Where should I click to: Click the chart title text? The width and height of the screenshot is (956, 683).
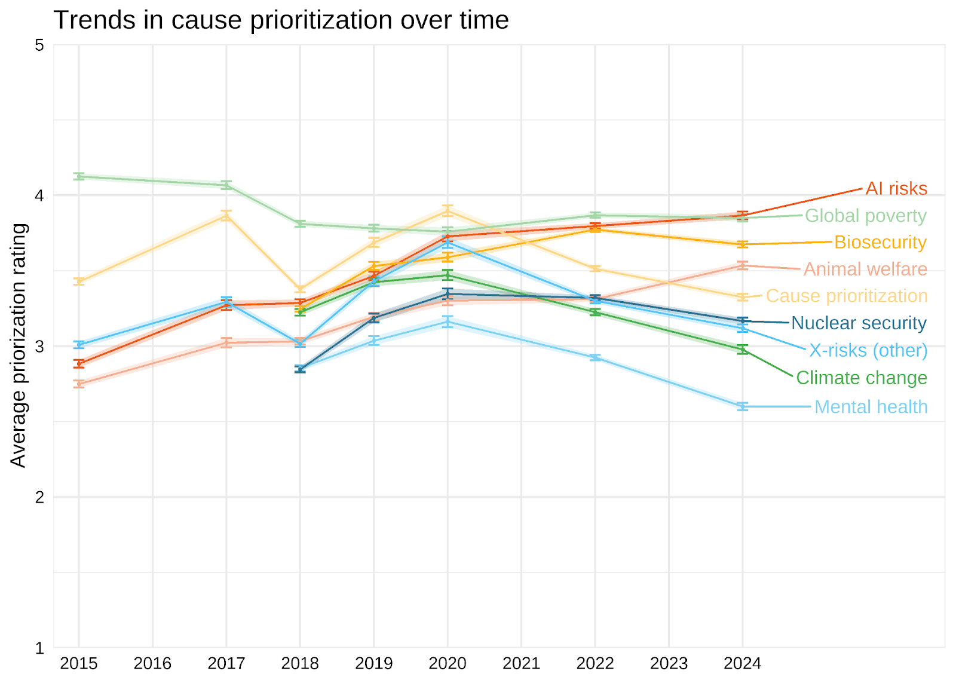281,20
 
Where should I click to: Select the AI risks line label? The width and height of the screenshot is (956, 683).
896,189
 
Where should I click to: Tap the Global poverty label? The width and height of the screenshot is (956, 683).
866,216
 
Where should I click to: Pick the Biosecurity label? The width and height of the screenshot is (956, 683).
881,243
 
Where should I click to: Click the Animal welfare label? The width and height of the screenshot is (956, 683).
866,269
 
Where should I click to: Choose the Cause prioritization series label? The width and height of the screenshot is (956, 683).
847,296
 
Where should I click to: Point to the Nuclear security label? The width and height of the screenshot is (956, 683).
859,323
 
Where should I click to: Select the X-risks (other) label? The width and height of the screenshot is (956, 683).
869,351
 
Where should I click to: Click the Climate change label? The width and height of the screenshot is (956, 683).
862,378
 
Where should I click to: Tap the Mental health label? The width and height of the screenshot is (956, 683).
871,408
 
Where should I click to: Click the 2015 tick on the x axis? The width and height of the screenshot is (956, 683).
79,664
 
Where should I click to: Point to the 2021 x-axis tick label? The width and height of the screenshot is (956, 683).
521,664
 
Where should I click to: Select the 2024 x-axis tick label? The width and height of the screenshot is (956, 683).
743,664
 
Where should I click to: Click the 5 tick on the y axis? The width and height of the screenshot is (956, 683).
39,45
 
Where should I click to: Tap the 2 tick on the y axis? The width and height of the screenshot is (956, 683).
39,497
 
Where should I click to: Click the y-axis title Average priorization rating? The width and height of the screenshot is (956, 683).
18,346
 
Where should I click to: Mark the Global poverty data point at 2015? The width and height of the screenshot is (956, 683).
79,176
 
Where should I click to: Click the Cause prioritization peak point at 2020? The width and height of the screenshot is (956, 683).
448,211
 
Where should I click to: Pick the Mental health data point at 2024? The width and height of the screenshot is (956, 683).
743,406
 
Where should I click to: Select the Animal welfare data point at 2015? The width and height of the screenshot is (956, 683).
79,384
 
